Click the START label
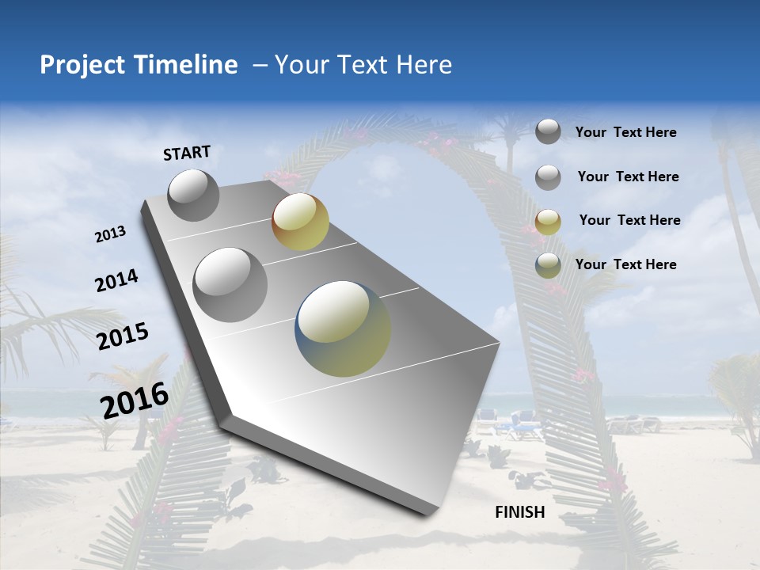(x=187, y=153)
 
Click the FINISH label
(x=520, y=512)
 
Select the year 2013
(x=110, y=234)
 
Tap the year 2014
(x=116, y=281)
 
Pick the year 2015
(x=123, y=336)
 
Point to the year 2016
(x=135, y=400)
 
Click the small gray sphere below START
(x=193, y=195)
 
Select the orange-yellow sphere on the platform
(x=300, y=222)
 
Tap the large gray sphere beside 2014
(x=230, y=285)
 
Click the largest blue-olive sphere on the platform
(x=343, y=329)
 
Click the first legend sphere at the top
(x=548, y=131)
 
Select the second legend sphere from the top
(x=548, y=177)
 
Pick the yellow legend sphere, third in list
(x=548, y=222)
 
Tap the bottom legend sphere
(x=548, y=265)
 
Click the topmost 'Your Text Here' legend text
(x=625, y=133)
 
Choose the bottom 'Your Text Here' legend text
(x=625, y=264)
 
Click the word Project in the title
(x=82, y=65)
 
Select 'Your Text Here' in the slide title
(x=363, y=65)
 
